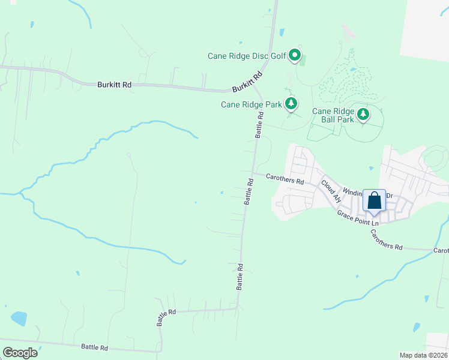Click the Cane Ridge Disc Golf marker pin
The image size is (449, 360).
(295, 56)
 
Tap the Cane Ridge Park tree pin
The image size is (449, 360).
(291, 104)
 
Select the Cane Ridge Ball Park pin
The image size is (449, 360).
(363, 114)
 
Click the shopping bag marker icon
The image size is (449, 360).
(374, 200)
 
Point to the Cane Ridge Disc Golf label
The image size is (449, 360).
(246, 56)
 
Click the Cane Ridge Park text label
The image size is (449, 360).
(251, 104)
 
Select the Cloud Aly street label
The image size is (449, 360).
(331, 191)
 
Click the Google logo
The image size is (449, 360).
(20, 353)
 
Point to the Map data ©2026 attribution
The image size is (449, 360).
(424, 355)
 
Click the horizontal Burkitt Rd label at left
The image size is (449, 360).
(114, 85)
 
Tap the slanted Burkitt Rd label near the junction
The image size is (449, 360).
(248, 82)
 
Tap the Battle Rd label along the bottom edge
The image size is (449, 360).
(94, 347)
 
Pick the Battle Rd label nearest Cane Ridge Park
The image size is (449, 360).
(259, 125)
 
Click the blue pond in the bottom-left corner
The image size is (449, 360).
(19, 318)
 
